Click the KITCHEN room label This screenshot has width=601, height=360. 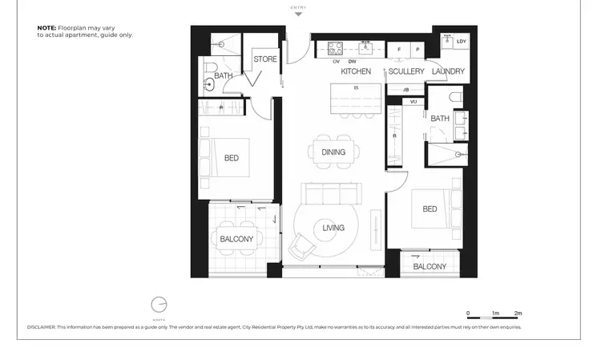[x=356, y=71]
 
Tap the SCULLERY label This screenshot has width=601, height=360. [x=406, y=71]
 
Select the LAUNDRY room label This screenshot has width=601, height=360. [x=448, y=71]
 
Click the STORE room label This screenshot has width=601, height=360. [x=265, y=59]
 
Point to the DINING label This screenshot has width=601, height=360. [x=333, y=152]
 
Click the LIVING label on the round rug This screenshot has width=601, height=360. [x=333, y=228]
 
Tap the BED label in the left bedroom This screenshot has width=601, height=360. [x=231, y=158]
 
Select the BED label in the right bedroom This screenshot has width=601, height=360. [x=430, y=209]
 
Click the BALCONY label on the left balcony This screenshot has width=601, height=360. [x=236, y=239]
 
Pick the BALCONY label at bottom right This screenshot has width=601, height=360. [x=430, y=266]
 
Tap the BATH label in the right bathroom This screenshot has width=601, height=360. [x=440, y=119]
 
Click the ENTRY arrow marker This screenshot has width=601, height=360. [x=299, y=14]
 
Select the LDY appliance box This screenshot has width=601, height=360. [x=461, y=42]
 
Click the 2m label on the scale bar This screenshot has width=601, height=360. [x=518, y=313]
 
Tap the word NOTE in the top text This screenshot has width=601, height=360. [x=46, y=27]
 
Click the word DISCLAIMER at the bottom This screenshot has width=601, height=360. [x=42, y=327]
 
